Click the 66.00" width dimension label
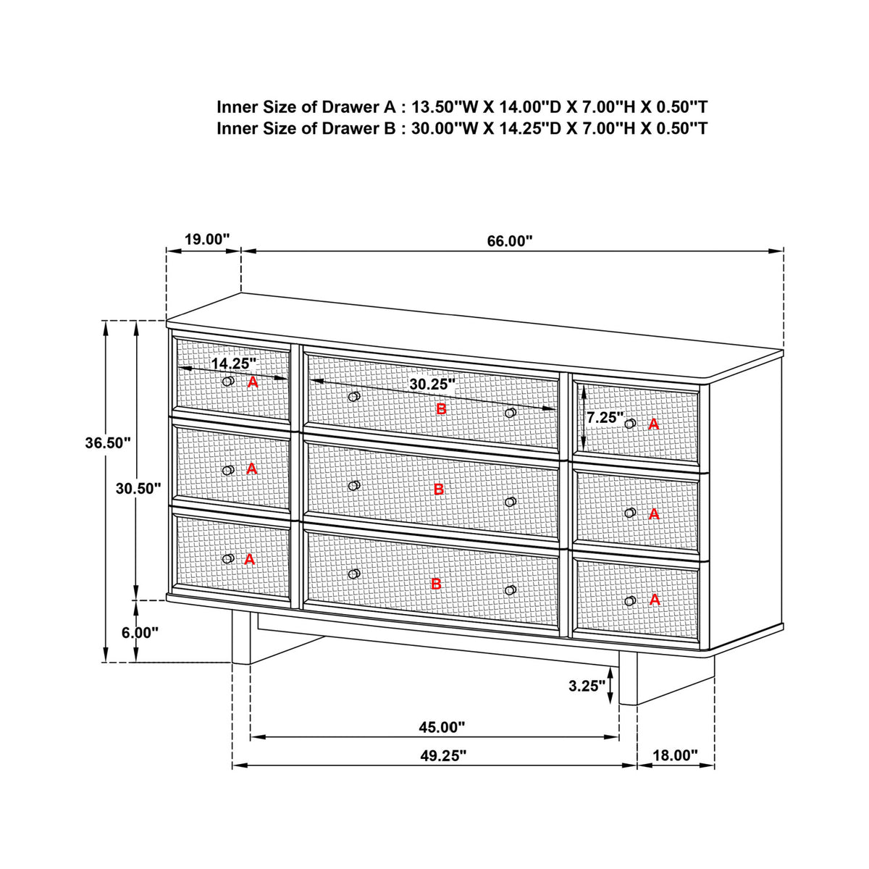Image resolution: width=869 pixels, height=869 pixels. (x=510, y=241)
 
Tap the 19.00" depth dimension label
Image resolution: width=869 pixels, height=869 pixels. (x=207, y=239)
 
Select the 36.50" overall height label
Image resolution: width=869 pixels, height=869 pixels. (x=108, y=443)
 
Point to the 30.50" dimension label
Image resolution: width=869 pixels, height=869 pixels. (x=138, y=488)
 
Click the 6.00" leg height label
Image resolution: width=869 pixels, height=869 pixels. (x=140, y=633)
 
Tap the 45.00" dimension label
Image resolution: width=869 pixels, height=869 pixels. (x=442, y=727)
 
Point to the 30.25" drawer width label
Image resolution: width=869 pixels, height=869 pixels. (x=432, y=385)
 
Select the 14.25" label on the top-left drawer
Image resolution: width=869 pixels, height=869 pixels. (x=234, y=363)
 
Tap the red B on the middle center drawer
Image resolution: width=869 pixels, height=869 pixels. (x=438, y=490)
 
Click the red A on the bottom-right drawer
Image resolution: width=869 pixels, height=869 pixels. (x=655, y=600)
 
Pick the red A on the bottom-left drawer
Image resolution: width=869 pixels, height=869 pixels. (x=249, y=560)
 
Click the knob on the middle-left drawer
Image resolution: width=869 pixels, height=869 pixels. (x=229, y=470)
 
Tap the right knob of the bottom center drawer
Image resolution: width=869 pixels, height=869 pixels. (x=511, y=590)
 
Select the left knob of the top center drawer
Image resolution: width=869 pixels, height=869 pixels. (x=354, y=396)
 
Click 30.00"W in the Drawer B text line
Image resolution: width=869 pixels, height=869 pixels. (x=444, y=128)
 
